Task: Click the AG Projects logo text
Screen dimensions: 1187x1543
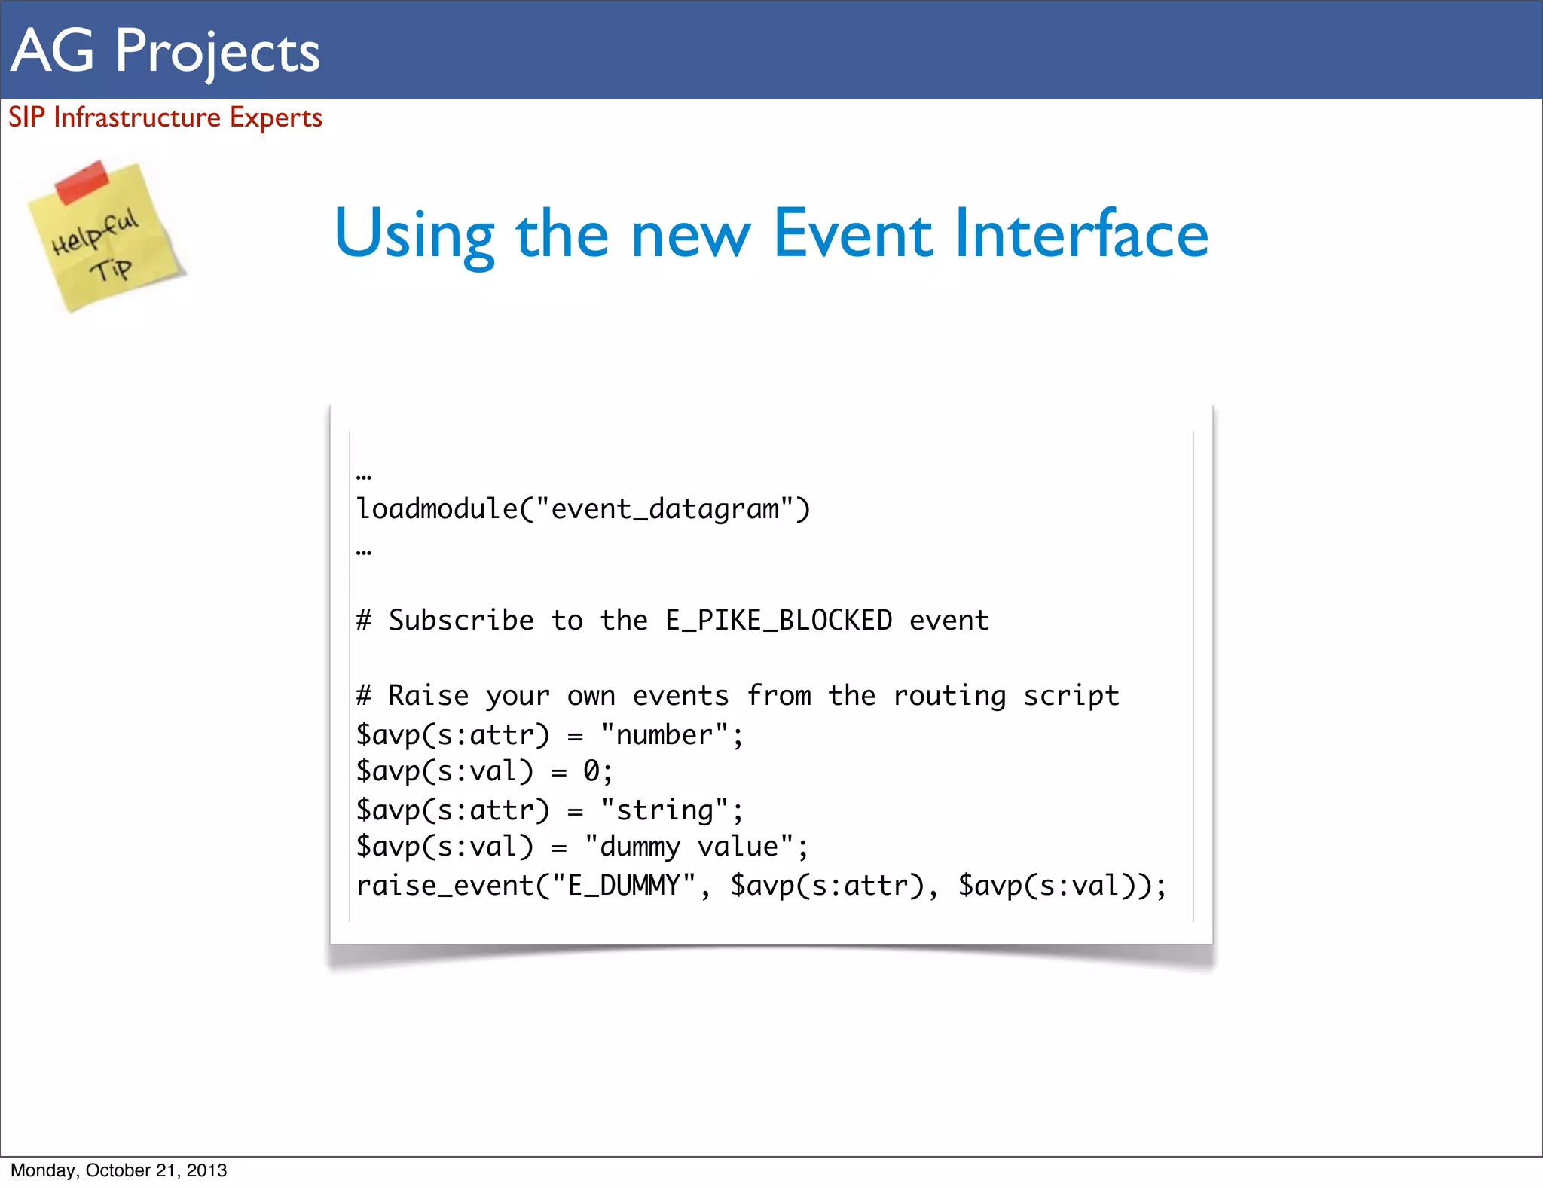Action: click(166, 51)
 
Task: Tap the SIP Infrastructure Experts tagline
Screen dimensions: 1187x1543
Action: click(165, 117)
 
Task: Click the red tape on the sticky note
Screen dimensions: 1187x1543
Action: click(82, 182)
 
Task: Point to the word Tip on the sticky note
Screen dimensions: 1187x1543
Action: click(111, 269)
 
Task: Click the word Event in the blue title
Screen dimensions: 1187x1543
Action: click(853, 233)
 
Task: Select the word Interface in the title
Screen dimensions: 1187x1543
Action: click(1081, 233)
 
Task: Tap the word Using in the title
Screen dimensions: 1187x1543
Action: click(414, 235)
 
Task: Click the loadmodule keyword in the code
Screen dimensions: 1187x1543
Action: click(437, 509)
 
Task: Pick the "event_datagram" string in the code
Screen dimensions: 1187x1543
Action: click(665, 509)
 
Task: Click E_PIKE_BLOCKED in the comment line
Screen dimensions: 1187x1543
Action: click(778, 621)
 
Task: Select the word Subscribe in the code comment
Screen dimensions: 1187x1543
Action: click(461, 621)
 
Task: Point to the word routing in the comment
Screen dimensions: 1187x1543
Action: click(949, 696)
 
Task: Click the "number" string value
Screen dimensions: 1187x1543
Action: click(664, 735)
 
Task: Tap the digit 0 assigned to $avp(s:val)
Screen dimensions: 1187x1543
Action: click(591, 771)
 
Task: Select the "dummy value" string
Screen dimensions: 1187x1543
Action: click(689, 847)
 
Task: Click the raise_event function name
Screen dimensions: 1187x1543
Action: click(445, 886)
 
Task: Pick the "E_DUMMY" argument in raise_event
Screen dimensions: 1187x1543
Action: click(624, 886)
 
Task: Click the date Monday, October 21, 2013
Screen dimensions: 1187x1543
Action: click(119, 1170)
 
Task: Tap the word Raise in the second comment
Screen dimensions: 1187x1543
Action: click(428, 696)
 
